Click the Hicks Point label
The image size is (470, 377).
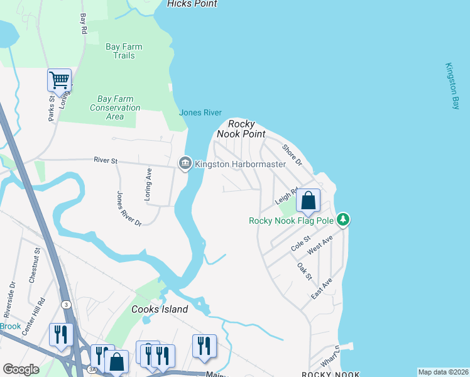point(192,4)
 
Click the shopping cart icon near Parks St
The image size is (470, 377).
point(59,80)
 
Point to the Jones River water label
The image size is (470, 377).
point(200,112)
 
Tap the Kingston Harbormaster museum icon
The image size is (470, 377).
point(185,164)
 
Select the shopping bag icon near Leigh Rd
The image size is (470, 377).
point(308,201)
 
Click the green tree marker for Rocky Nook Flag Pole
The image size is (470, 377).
point(343,220)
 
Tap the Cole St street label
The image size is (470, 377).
point(302,244)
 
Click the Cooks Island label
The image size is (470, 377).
point(160,309)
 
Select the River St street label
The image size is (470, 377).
point(106,161)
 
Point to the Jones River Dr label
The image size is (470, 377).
point(129,208)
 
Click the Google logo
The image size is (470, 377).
point(21,369)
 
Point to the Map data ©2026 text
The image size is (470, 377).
point(443,372)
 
